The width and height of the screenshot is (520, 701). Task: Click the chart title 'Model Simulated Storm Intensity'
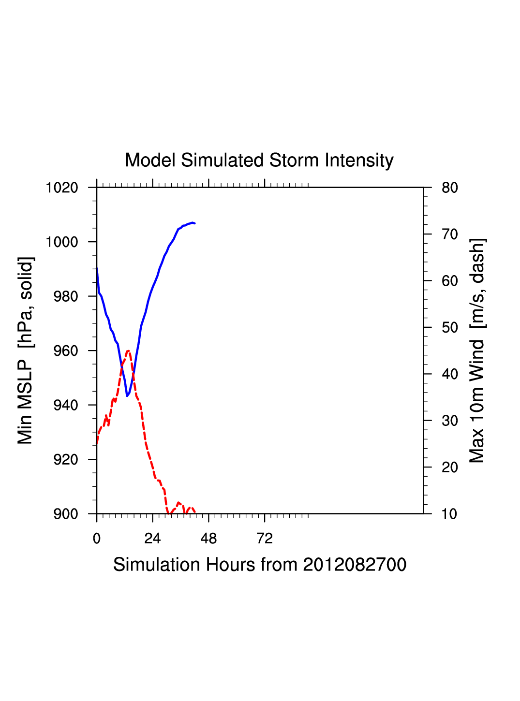[259, 161]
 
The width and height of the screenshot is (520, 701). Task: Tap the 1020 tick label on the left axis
[62, 188]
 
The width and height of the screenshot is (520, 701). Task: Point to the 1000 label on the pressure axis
[62, 242]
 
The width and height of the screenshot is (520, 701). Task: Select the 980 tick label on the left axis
[65, 296]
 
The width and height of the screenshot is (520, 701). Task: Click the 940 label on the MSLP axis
[65, 405]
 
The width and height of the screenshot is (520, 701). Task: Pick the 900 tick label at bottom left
[65, 514]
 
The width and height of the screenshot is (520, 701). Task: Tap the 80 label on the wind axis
[450, 188]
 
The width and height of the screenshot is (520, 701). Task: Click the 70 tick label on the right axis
[450, 234]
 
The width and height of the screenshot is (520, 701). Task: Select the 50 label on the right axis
[450, 328]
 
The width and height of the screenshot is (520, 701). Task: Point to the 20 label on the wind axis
[450, 467]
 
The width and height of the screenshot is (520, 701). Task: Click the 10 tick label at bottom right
[450, 514]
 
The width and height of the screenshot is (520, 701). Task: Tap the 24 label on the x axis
[152, 539]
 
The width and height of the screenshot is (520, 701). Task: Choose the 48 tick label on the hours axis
[208, 539]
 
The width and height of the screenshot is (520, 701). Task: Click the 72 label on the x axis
[265, 539]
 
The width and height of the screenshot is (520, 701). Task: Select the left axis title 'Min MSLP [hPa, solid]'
[26, 350]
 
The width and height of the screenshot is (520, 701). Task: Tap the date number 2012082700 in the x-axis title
[355, 565]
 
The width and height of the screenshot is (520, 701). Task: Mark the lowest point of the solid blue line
[127, 396]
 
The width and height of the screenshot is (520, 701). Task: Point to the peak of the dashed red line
[128, 350]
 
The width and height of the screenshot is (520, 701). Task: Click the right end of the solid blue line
[194, 223]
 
